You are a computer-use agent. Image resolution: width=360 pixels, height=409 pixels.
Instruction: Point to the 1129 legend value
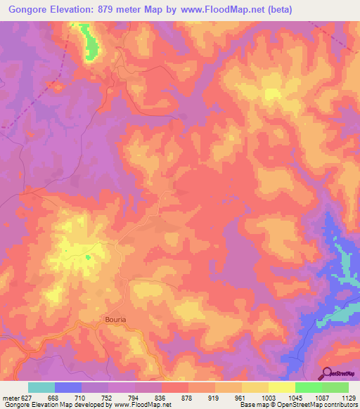click(349, 397)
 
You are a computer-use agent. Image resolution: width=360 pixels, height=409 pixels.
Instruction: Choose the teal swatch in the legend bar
click(41, 387)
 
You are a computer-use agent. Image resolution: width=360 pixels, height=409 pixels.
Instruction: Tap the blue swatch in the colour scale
click(68, 387)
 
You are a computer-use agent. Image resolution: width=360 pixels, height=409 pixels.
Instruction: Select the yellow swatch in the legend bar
click(282, 387)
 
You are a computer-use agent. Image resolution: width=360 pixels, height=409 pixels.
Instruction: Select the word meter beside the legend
click(11, 397)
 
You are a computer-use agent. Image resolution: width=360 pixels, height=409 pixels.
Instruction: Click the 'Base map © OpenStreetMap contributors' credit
click(299, 405)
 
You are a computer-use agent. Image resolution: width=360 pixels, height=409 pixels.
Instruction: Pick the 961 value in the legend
click(242, 397)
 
